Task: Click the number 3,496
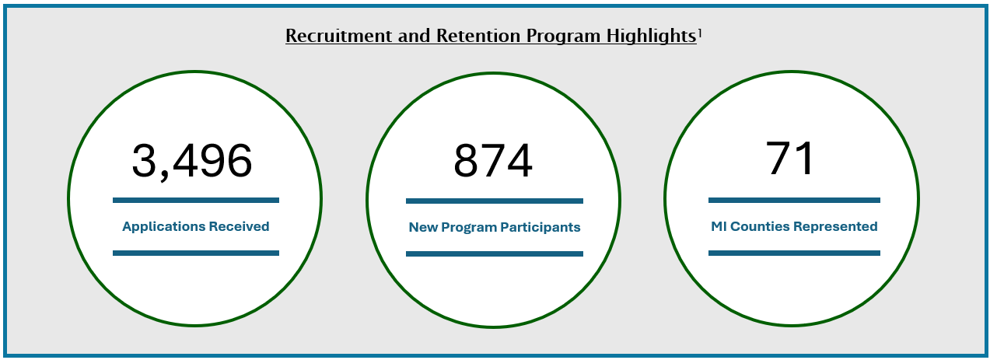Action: (x=192, y=161)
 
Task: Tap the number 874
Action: (x=493, y=161)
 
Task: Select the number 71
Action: (x=790, y=158)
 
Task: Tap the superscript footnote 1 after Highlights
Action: (x=700, y=32)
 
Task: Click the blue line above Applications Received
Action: (x=195, y=200)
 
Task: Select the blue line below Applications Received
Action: (x=195, y=253)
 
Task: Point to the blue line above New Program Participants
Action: (x=494, y=201)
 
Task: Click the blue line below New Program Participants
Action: (x=494, y=253)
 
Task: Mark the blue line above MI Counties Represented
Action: (x=794, y=200)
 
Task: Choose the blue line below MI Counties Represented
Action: (x=794, y=253)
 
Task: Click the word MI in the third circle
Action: (x=719, y=227)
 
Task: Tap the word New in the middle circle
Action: (x=423, y=228)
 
